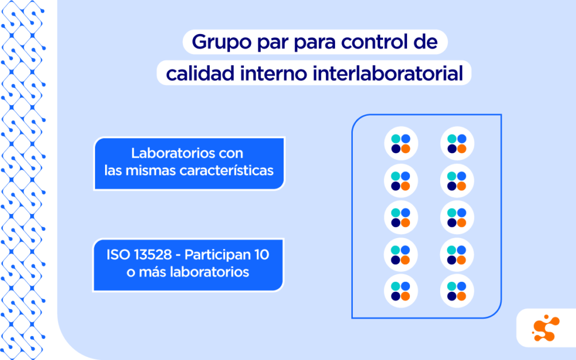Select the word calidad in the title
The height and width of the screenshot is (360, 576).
(200, 73)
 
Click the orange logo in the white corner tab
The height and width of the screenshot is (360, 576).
(545, 328)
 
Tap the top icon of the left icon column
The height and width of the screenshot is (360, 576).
(401, 143)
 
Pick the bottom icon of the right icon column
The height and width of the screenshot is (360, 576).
(457, 291)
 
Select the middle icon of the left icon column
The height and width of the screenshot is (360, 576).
(401, 217)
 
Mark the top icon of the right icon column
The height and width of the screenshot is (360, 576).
(457, 143)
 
